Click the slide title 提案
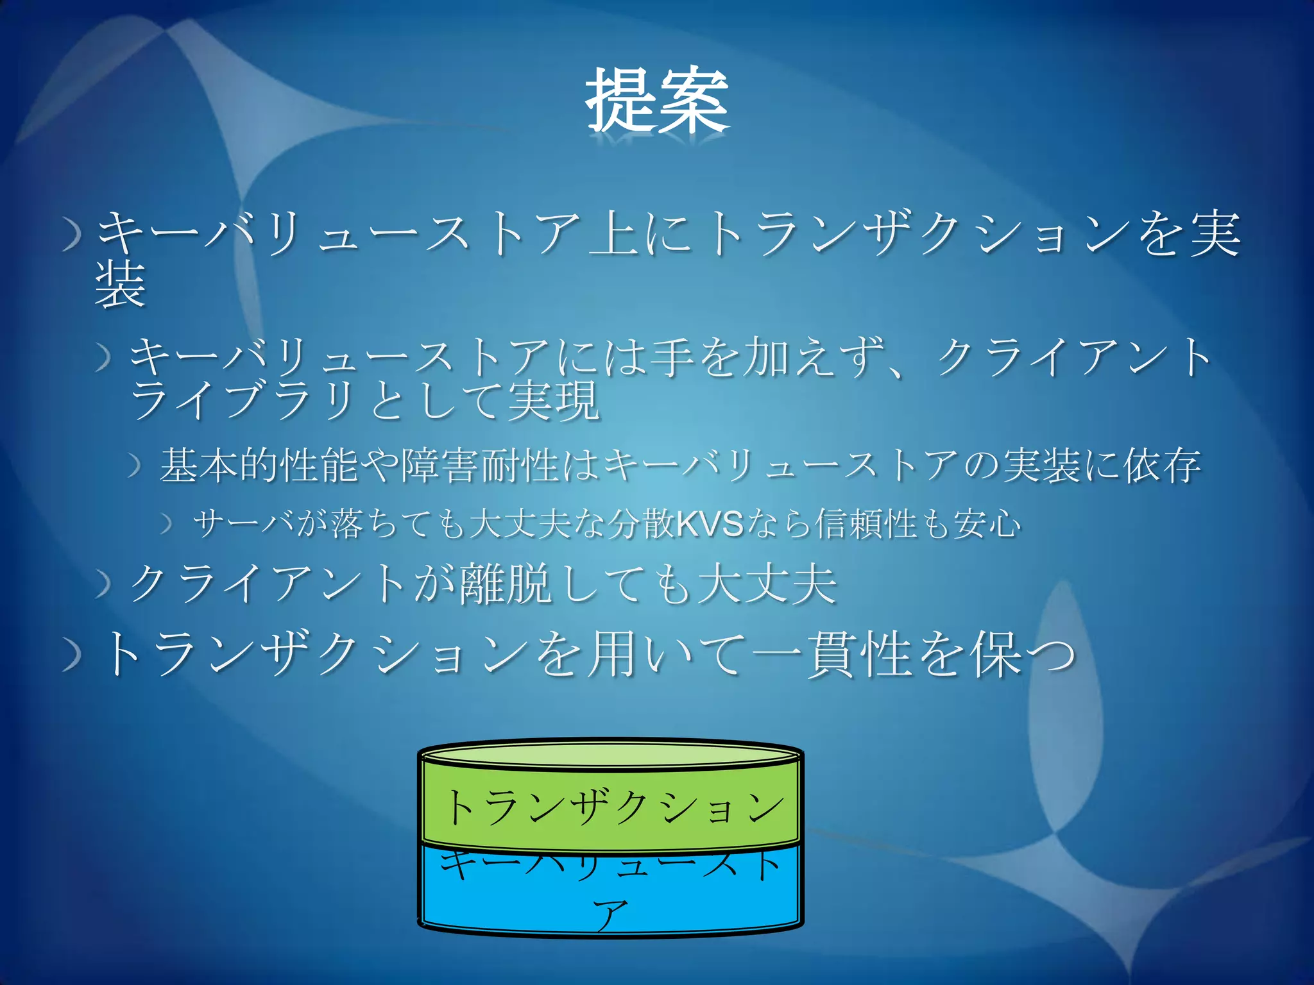click(657, 101)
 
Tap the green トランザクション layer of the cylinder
click(611, 807)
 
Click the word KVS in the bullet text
click(710, 524)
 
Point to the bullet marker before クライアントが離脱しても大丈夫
click(103, 585)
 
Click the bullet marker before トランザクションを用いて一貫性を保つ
click(73, 657)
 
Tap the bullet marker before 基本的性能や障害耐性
click(134, 466)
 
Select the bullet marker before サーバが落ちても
click(167, 525)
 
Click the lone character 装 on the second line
click(120, 285)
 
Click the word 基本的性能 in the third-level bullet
click(260, 466)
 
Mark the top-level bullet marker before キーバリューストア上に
click(73, 237)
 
